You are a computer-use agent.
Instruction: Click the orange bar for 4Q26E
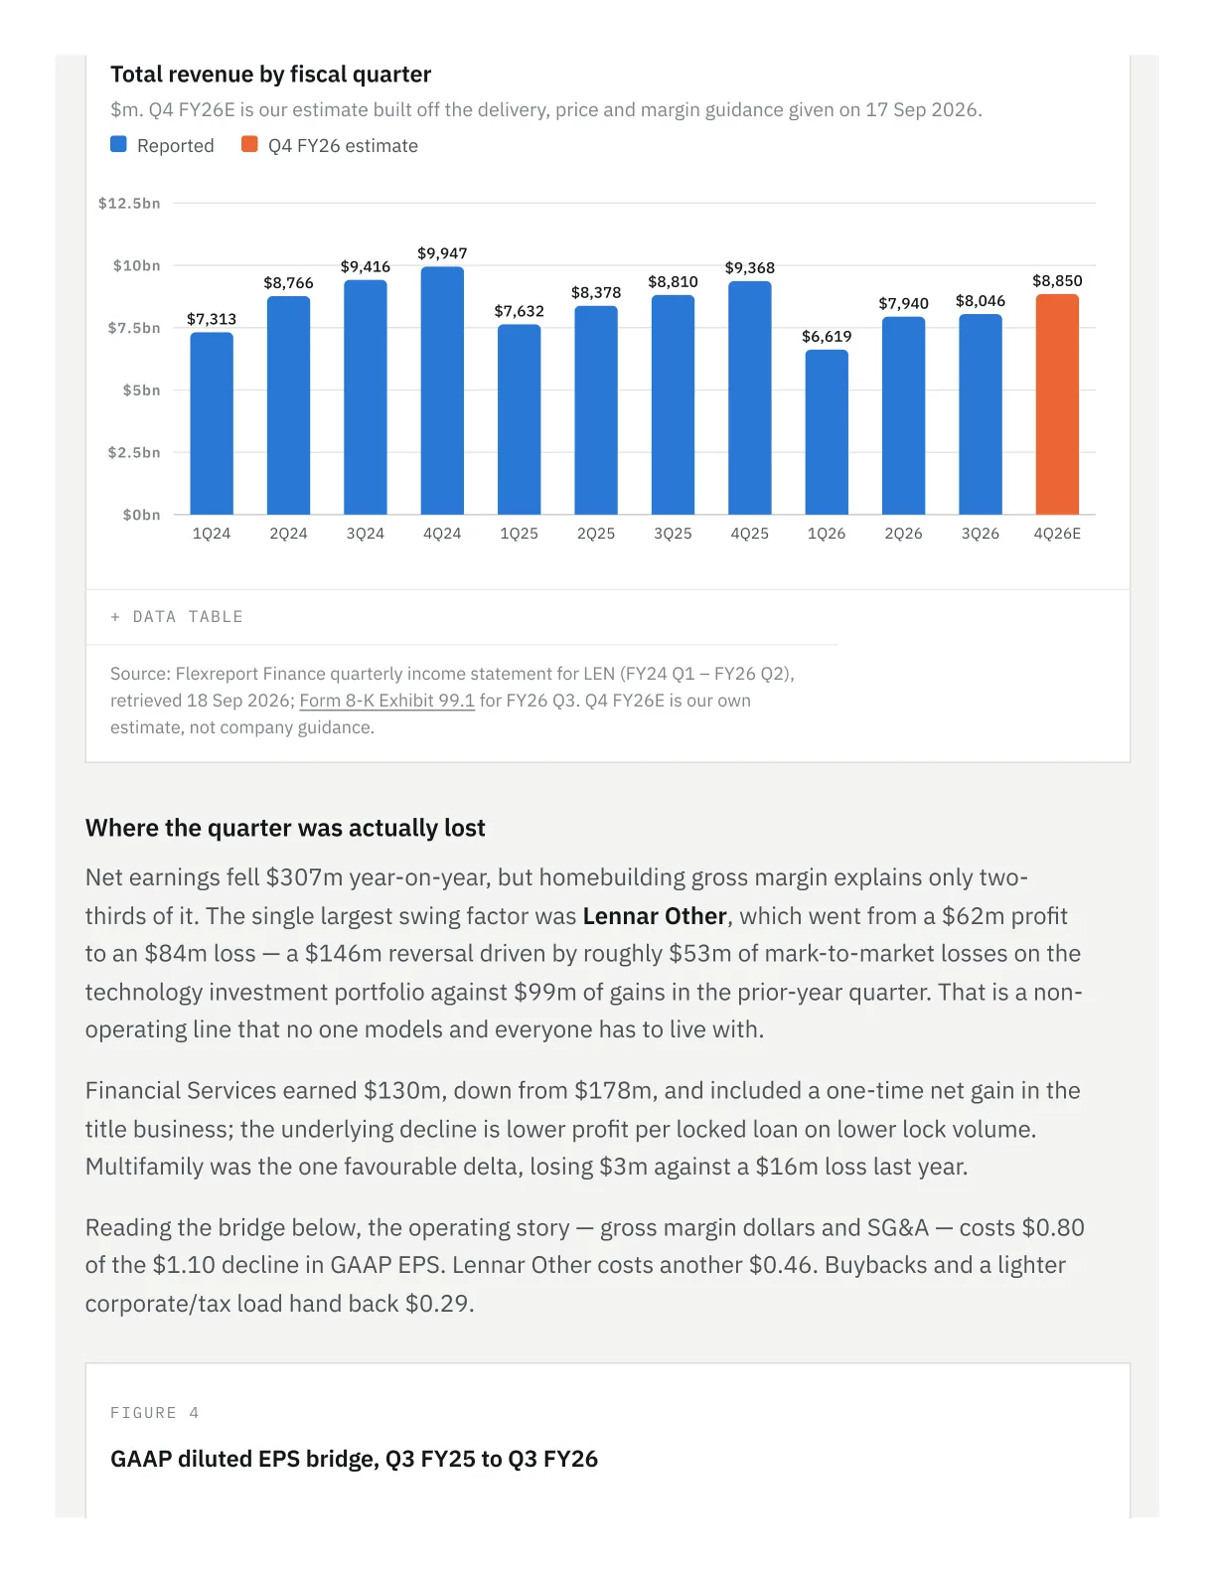1057,404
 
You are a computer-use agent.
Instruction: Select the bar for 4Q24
442,391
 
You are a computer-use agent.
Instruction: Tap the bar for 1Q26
827,431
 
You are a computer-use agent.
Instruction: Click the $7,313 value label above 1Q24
212,319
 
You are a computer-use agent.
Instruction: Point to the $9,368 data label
750,267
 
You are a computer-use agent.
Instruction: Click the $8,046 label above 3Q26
980,301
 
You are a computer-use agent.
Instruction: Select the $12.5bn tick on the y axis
129,203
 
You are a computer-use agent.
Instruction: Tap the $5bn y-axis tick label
141,390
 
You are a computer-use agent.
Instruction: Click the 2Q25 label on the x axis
595,534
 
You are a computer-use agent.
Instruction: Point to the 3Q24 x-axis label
365,534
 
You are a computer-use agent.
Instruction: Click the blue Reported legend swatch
118,144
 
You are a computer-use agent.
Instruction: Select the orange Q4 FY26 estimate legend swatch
249,144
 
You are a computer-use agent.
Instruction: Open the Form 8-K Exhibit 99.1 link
386,701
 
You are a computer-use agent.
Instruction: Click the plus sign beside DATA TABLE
115,616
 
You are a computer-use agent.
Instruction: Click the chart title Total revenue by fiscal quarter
270,74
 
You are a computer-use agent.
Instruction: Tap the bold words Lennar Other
654,915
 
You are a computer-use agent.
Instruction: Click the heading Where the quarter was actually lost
284,827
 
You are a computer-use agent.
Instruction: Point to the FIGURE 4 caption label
154,1412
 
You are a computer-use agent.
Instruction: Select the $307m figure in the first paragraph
304,877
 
